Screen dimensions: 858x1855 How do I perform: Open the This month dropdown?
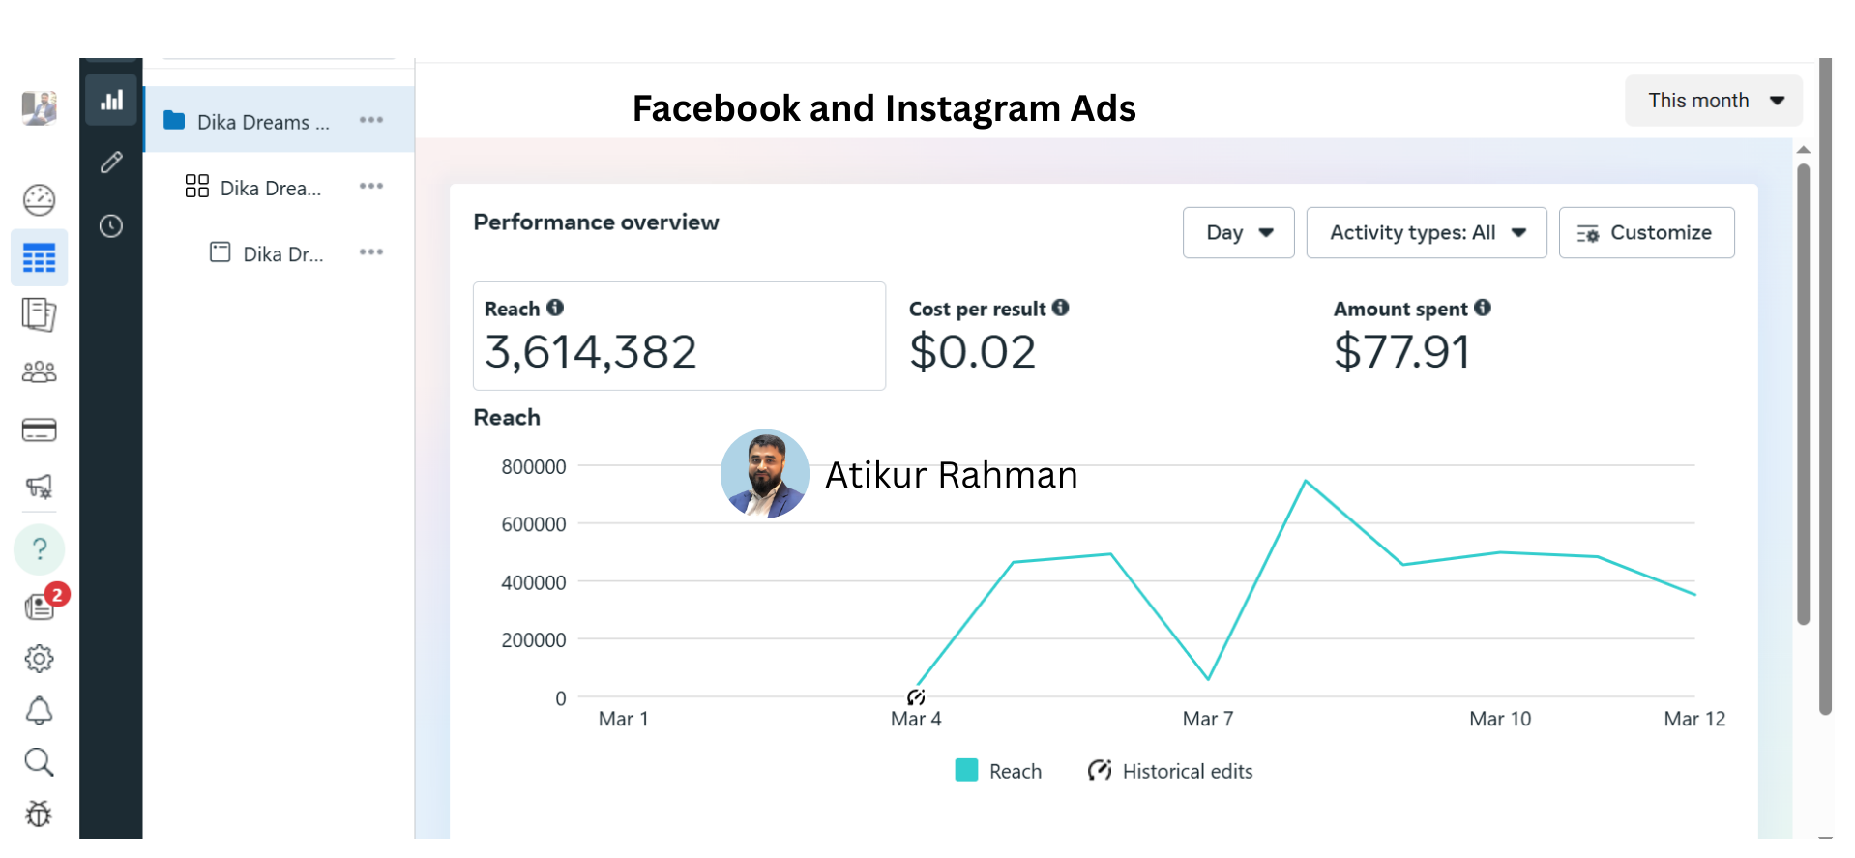(1713, 101)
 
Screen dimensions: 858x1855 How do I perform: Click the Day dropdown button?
(1238, 233)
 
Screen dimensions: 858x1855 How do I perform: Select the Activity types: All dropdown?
(1426, 233)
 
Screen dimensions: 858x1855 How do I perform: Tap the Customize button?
(1646, 233)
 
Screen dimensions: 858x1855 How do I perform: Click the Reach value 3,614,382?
(590, 352)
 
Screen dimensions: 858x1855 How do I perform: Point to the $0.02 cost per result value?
(972, 352)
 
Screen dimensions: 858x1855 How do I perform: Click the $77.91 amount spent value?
(1401, 352)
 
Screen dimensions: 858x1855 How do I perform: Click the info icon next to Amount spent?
(1483, 308)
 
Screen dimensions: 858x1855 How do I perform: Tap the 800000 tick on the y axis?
(534, 467)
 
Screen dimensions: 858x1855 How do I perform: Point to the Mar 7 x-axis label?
(1208, 719)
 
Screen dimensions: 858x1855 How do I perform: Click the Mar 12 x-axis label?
(1694, 719)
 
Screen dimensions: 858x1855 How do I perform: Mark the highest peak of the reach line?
(1306, 481)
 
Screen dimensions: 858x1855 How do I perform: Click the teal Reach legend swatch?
(966, 770)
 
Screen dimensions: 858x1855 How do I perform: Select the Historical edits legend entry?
(1170, 771)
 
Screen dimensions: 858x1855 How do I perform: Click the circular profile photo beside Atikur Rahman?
(764, 474)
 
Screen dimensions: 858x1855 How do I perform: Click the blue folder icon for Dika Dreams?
(174, 120)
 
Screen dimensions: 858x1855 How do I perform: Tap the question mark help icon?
(40, 548)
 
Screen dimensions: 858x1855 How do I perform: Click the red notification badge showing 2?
(58, 594)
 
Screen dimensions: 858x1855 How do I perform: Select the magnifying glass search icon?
(39, 762)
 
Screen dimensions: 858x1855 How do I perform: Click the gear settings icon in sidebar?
(39, 659)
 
